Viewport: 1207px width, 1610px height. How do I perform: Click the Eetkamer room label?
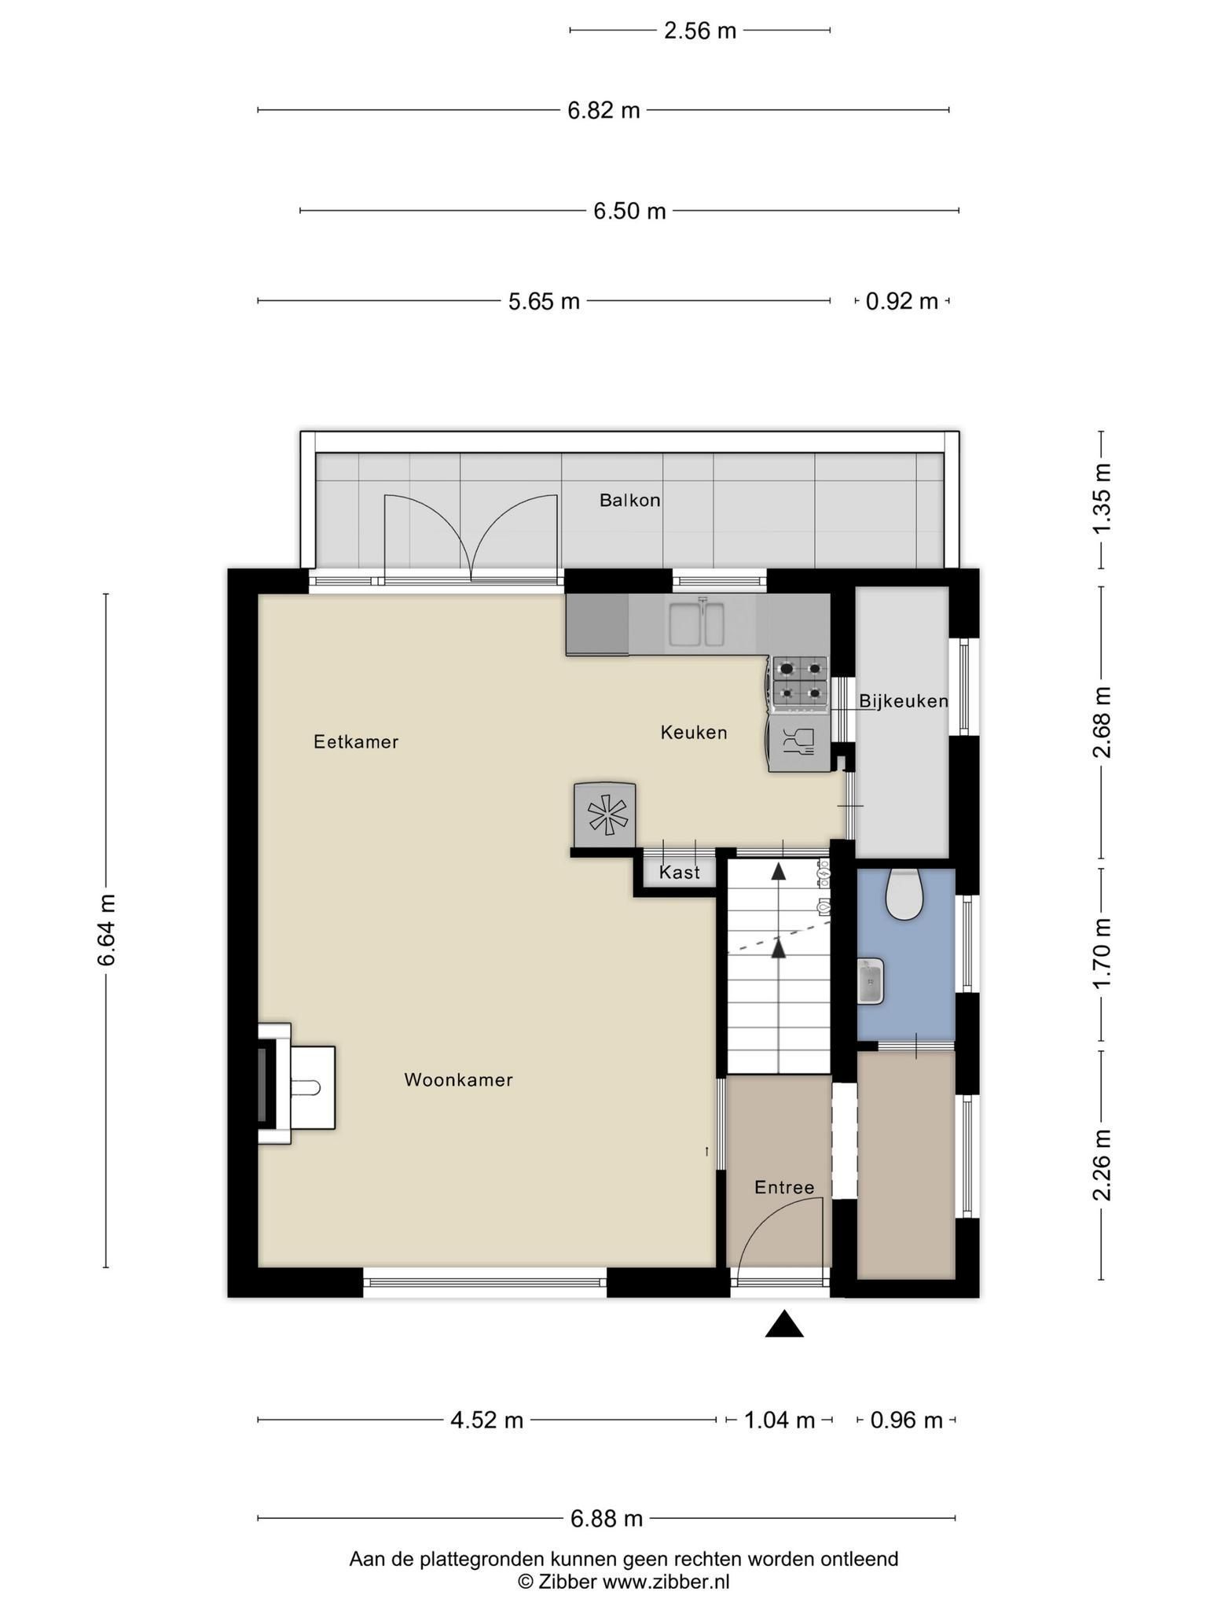pos(356,741)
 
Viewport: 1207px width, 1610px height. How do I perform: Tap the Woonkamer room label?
pos(458,1079)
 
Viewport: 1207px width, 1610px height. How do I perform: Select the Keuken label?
pos(694,732)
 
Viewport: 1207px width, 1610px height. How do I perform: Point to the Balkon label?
pos(629,500)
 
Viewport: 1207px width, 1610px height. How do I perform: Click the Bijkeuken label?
pos(904,700)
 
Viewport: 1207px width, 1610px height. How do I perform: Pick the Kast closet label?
pos(680,872)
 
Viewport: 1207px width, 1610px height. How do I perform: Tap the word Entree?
pos(784,1187)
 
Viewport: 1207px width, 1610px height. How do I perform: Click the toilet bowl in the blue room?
pos(904,894)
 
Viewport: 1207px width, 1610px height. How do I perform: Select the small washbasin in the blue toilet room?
pos(871,981)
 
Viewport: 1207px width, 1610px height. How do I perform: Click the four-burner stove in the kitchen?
pos(800,681)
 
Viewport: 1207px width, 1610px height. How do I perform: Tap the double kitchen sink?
pos(697,623)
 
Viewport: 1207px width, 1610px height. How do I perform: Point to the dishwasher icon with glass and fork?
pos(799,743)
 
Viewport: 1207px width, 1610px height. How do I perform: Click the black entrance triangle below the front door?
pos(784,1324)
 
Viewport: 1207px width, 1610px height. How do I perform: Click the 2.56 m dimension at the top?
pos(700,31)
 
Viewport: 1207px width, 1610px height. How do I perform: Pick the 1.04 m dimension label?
pos(780,1421)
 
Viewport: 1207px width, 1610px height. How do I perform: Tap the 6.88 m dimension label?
pos(607,1519)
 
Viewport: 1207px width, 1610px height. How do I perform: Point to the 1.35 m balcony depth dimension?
pos(1102,498)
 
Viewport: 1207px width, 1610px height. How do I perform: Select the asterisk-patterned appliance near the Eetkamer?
pos(604,814)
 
